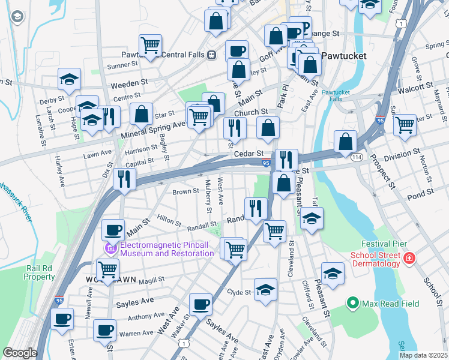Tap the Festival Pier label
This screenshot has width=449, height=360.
[384, 244]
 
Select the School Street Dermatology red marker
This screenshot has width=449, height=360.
[409, 259]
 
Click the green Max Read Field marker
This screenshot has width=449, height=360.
[352, 304]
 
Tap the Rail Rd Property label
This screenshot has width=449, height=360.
[40, 272]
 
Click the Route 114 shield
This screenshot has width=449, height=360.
[357, 156]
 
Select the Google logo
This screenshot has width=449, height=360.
[20, 353]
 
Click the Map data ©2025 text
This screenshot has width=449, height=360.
[423, 355]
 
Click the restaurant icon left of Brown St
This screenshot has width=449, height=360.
[124, 178]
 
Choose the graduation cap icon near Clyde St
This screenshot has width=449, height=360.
[265, 290]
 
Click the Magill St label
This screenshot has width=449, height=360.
[151, 280]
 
